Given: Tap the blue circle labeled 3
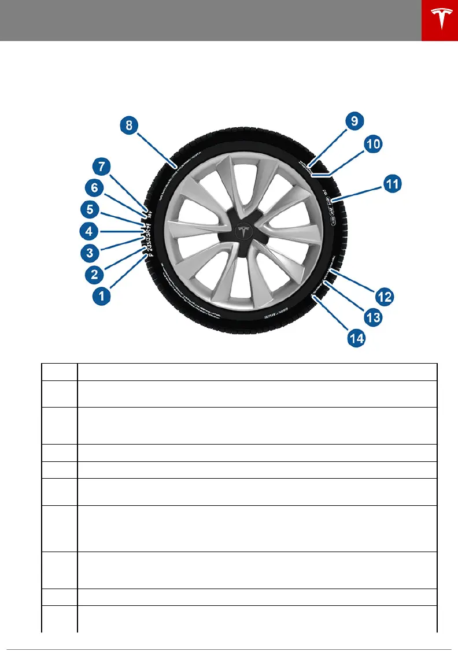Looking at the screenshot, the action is [x=90, y=253].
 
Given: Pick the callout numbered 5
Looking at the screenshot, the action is [x=91, y=209].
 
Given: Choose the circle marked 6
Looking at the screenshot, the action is [x=96, y=188].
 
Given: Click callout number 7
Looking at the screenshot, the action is [x=102, y=167].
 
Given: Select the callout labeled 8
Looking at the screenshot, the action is [x=130, y=125].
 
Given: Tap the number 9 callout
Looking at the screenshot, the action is [x=354, y=121].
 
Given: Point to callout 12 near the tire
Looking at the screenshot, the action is [x=385, y=297].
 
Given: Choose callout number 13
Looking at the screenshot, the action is [x=373, y=317].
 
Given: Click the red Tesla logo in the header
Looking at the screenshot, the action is [x=439, y=21].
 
